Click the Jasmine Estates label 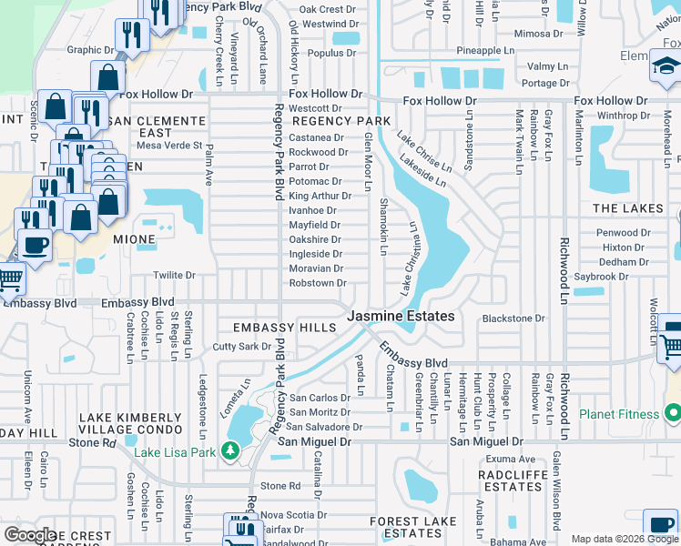(401, 316)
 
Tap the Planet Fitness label (619, 414)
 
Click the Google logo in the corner (29, 534)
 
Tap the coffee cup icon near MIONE (36, 246)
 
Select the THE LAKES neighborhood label (628, 208)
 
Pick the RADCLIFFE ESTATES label (513, 480)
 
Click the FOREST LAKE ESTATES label (406, 527)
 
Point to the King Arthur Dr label (314, 196)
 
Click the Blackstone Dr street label (513, 318)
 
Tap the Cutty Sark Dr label (241, 347)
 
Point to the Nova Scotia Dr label (293, 514)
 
